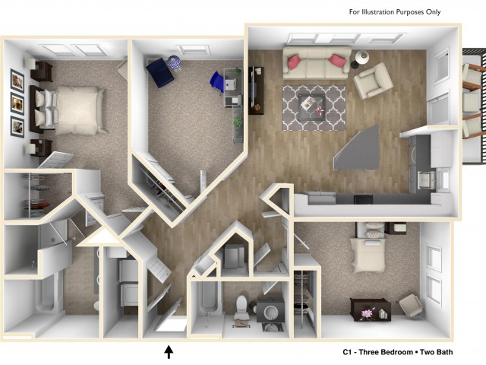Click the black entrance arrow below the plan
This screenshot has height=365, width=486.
[x=169, y=351]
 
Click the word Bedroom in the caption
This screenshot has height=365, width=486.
[x=396, y=352]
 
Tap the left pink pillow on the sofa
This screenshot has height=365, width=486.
[x=295, y=62]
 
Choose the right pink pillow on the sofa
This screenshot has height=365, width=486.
[x=338, y=61]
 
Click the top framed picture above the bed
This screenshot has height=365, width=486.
[x=17, y=80]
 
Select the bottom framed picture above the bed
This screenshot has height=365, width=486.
[x=17, y=127]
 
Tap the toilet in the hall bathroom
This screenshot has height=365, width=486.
[x=241, y=307]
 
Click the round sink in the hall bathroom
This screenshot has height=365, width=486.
[x=271, y=311]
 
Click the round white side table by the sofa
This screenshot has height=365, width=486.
[x=361, y=58]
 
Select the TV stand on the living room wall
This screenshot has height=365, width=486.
[x=257, y=90]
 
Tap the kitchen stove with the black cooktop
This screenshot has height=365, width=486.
[x=364, y=199]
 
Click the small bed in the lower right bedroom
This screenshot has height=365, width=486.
[x=368, y=248]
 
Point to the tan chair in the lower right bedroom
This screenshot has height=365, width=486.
[x=410, y=306]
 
